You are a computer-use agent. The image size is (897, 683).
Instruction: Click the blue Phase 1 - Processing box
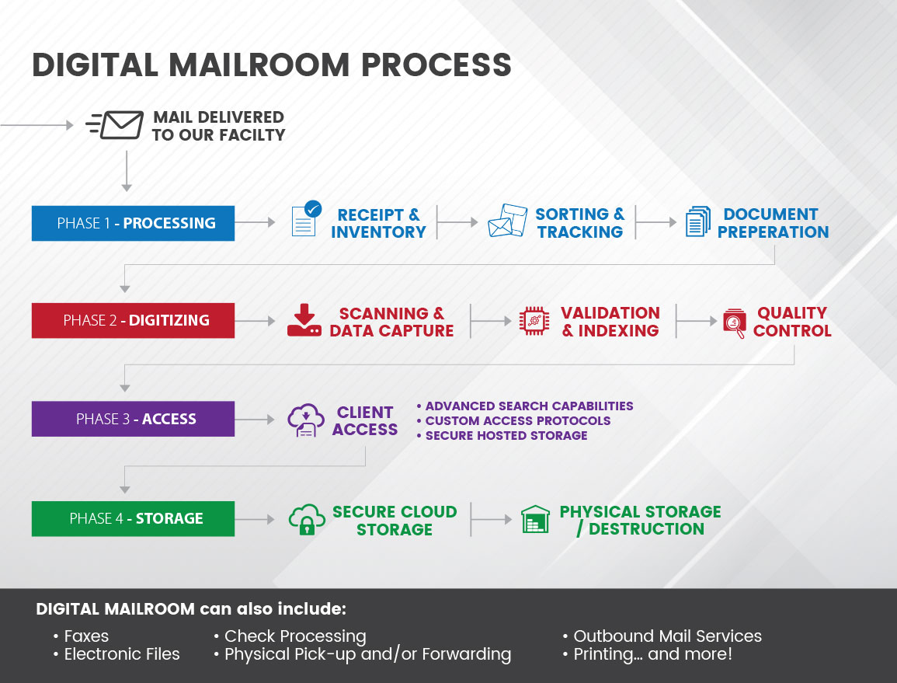click(133, 223)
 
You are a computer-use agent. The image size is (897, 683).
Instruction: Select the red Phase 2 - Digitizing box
click(133, 320)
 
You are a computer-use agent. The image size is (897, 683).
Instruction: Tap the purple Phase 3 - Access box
click(133, 419)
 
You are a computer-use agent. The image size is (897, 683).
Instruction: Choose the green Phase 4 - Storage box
click(133, 518)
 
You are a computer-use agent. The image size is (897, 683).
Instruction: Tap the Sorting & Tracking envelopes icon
click(507, 221)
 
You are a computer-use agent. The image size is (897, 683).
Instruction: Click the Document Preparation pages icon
click(697, 221)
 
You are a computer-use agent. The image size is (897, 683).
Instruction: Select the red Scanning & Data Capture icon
click(304, 320)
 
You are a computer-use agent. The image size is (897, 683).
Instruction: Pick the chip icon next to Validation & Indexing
click(534, 321)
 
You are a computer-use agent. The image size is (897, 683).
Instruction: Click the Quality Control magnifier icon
click(734, 322)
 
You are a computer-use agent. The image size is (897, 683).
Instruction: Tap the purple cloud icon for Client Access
click(305, 420)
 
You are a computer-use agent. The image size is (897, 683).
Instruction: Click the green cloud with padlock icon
click(306, 519)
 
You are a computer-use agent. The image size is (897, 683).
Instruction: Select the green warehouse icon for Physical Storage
click(535, 519)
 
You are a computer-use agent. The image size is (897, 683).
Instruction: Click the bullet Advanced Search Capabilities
click(525, 406)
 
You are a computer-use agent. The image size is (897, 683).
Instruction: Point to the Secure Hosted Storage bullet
click(502, 435)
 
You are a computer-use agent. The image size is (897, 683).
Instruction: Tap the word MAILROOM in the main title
click(282, 65)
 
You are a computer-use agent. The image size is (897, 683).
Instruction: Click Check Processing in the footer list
click(295, 636)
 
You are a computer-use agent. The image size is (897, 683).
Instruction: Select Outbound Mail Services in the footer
click(666, 636)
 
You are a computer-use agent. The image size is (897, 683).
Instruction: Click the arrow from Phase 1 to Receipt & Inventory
click(256, 223)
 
